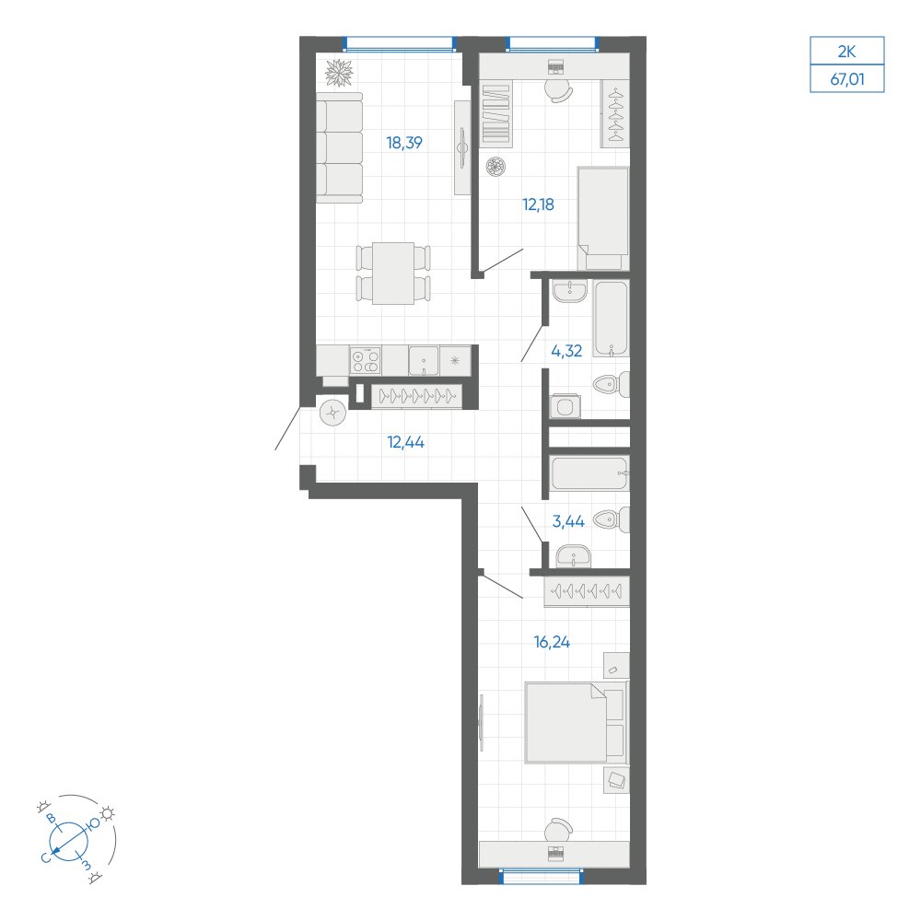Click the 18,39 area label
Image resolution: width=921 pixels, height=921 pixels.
404,143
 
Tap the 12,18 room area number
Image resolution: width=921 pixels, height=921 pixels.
538,205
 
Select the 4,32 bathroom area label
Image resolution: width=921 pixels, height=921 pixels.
566,351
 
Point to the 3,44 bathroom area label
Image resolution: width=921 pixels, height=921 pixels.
568,521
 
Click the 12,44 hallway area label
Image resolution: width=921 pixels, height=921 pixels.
406,442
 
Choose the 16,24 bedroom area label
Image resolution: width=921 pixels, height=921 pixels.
552,643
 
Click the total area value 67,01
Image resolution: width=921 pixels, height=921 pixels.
847,78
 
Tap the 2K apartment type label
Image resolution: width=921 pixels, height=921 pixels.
847,52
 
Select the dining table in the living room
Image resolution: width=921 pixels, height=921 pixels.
393,274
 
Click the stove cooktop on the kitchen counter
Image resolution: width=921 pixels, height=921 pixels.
366,360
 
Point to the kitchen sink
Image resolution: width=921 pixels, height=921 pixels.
424,360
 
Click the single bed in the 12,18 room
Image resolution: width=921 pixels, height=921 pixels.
603,218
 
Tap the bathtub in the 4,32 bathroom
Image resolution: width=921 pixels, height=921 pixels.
611,319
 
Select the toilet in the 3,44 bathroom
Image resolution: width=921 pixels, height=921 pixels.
612,519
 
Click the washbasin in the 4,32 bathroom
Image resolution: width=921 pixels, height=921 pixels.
569,292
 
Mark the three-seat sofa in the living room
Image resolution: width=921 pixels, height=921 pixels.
340,147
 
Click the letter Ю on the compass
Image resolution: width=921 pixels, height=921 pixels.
94,823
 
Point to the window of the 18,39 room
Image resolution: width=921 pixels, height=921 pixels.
399,44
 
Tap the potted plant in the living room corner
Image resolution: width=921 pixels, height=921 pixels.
340,74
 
